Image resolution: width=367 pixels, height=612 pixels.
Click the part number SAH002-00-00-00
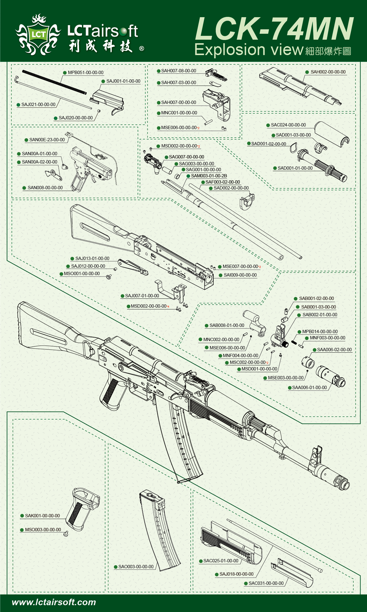click(x=328, y=72)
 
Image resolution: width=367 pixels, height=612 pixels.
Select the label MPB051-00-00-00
click(x=86, y=73)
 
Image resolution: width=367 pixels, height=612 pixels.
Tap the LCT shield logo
click(x=38, y=35)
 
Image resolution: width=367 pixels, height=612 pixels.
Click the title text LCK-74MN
click(x=274, y=29)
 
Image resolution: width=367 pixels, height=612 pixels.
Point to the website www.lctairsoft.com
click(x=54, y=602)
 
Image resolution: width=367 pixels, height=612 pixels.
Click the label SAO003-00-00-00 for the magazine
click(x=136, y=567)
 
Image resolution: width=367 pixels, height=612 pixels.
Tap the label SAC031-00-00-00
click(x=266, y=583)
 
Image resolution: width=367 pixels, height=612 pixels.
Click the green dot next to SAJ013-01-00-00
click(x=72, y=258)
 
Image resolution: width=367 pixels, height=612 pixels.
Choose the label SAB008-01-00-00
click(x=227, y=325)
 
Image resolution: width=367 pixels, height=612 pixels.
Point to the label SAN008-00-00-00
click(x=45, y=188)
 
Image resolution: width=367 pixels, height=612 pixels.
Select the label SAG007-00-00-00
click(x=186, y=157)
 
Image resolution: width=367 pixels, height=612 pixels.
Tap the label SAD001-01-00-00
click(x=295, y=168)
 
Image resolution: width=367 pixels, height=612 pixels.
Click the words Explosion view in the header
click(x=249, y=49)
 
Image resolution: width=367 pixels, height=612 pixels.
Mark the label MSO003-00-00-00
click(x=43, y=530)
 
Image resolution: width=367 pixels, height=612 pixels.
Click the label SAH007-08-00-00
click(x=178, y=71)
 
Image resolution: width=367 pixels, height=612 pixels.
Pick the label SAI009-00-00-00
click(x=240, y=275)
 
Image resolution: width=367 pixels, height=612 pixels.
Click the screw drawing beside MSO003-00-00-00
click(x=66, y=533)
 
